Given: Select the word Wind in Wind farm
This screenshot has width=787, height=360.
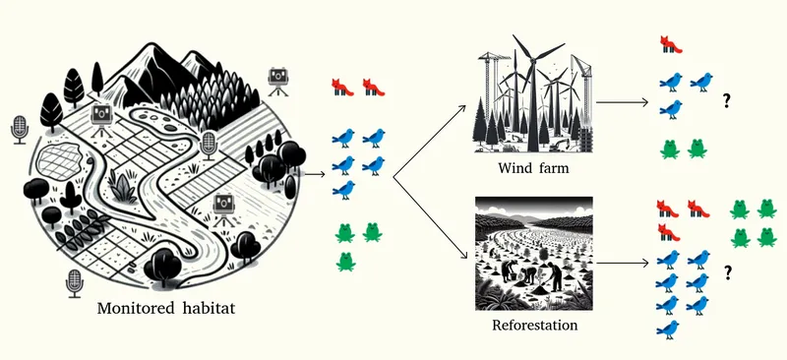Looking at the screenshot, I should (513, 168).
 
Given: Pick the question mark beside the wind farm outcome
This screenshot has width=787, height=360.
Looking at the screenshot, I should (729, 99).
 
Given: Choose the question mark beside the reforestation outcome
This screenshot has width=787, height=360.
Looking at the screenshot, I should (729, 271).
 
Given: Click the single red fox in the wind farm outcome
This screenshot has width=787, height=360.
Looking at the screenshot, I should (672, 45).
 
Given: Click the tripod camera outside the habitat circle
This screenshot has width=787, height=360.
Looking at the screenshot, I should (277, 81).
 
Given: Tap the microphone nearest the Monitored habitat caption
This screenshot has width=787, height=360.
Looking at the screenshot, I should (73, 284).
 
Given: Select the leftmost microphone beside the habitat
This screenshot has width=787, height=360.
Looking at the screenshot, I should (19, 129).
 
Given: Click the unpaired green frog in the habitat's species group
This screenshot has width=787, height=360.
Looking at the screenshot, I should (345, 261).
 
